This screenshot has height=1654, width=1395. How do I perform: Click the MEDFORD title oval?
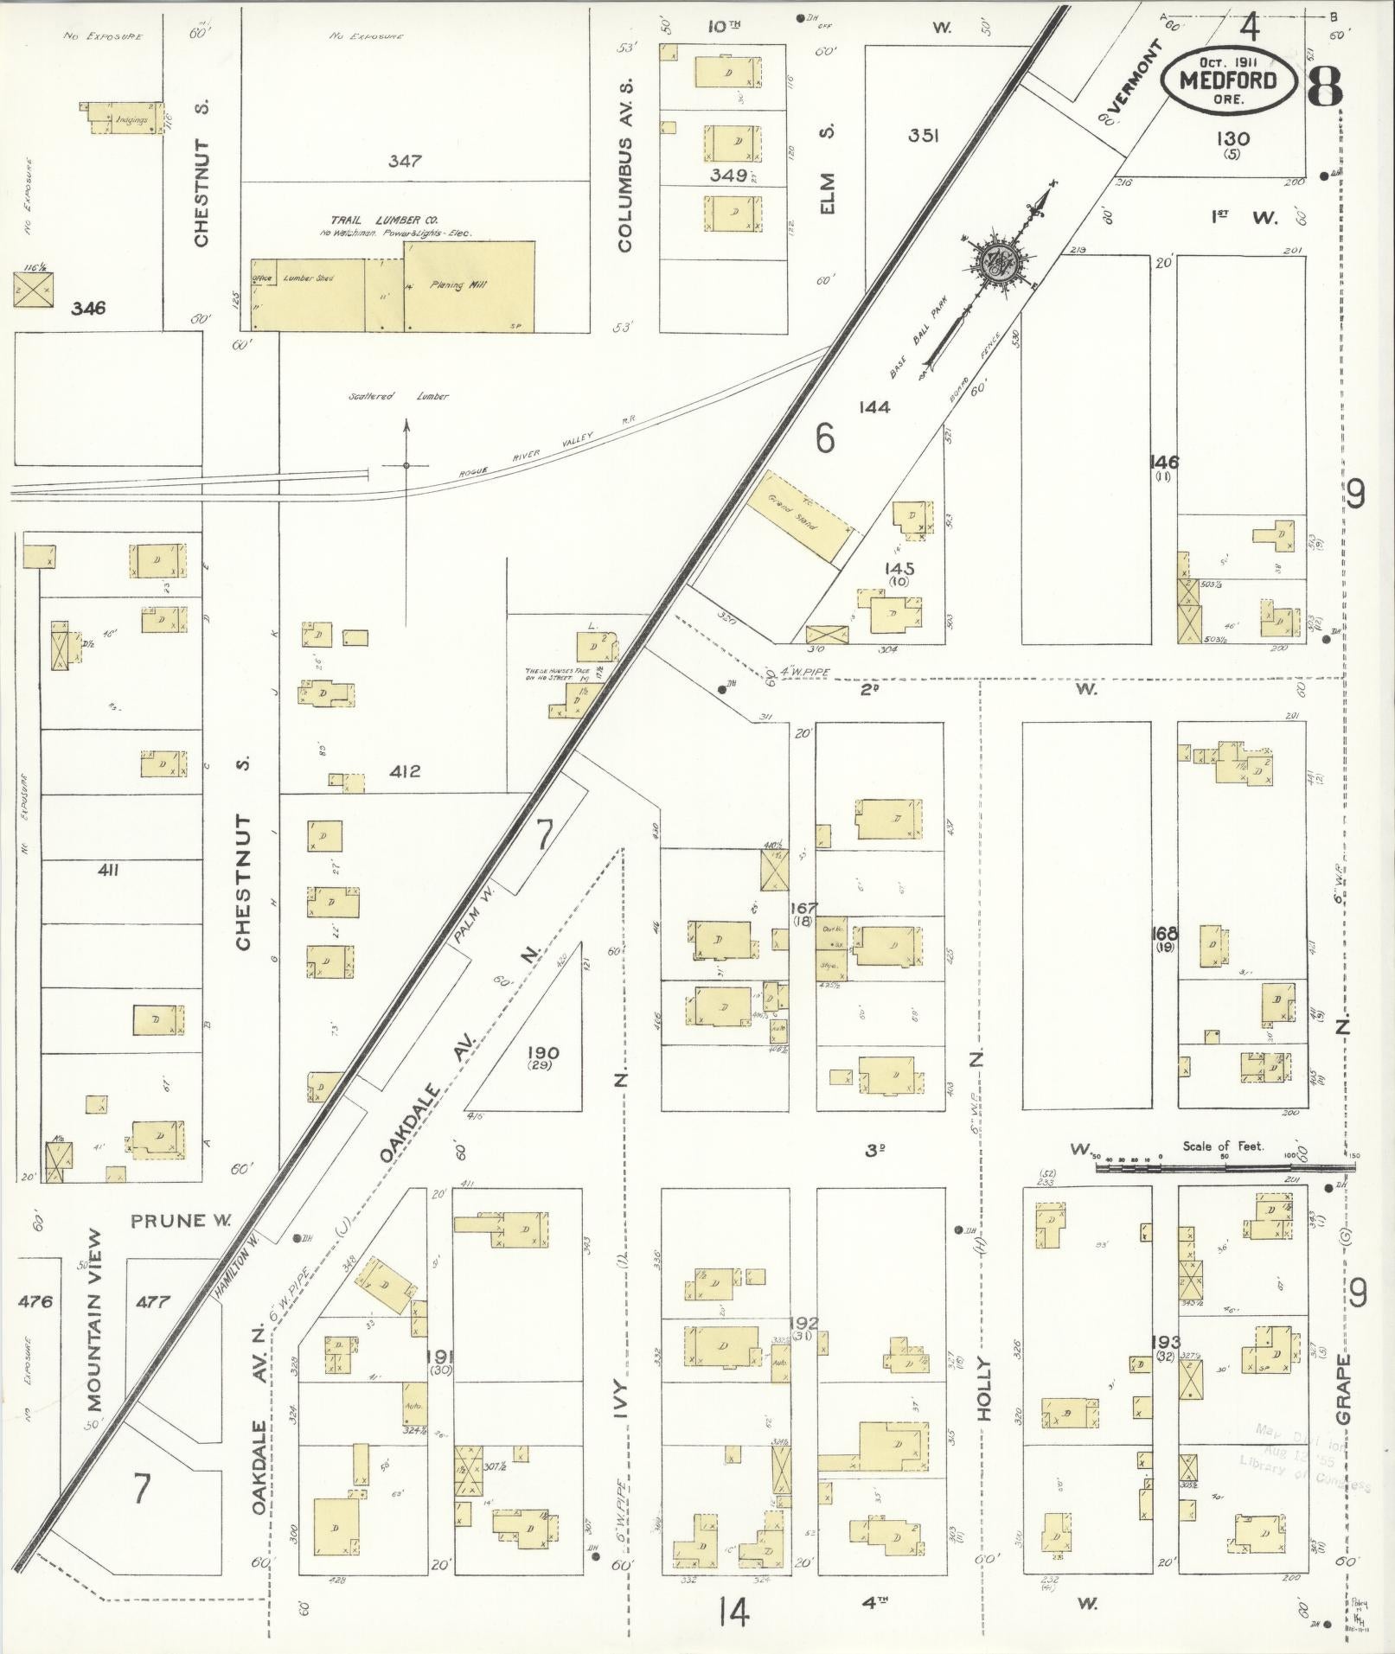coord(1227,80)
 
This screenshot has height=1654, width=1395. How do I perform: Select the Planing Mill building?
coord(469,286)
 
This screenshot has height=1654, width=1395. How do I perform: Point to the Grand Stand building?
coord(800,519)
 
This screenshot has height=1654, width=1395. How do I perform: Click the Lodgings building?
coord(126,118)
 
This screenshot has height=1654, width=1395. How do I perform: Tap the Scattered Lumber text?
coord(399,396)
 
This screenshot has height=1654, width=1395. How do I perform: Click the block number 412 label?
coord(404,771)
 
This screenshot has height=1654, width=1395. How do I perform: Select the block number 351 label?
coord(924,135)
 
